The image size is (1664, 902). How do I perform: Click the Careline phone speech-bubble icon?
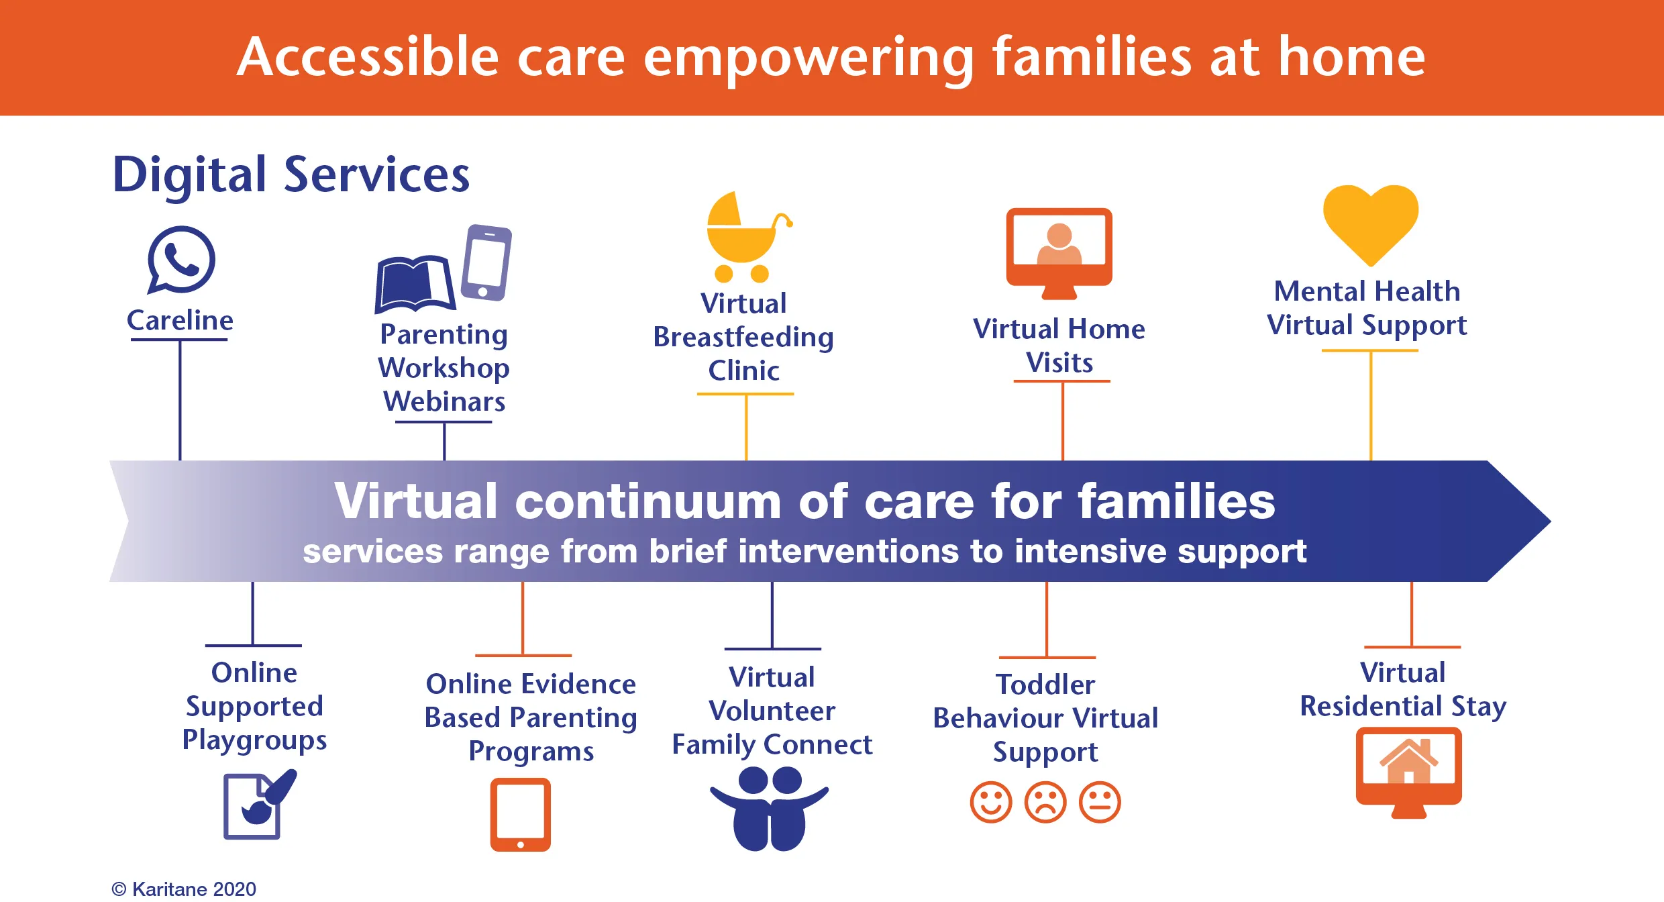(181, 260)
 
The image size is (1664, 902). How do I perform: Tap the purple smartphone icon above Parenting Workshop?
(487, 262)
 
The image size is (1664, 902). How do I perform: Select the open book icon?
(415, 284)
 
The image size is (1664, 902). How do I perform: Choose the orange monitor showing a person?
(1059, 253)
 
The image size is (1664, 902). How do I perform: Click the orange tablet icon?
(521, 814)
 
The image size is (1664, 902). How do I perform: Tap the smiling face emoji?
(991, 801)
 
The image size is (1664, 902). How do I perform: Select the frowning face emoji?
(1045, 801)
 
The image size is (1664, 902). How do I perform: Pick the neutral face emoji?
(1100, 801)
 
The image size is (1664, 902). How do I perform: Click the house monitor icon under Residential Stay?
(1409, 772)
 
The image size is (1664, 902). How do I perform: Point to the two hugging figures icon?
(770, 809)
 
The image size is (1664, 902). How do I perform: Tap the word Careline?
(180, 320)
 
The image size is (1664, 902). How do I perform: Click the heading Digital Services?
(291, 174)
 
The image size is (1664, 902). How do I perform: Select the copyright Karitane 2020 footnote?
(184, 889)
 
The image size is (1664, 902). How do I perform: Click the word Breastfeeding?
(743, 338)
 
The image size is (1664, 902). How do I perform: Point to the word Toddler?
(1045, 685)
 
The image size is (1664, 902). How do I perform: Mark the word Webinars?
(444, 401)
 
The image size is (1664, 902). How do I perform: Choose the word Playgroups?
(254, 740)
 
